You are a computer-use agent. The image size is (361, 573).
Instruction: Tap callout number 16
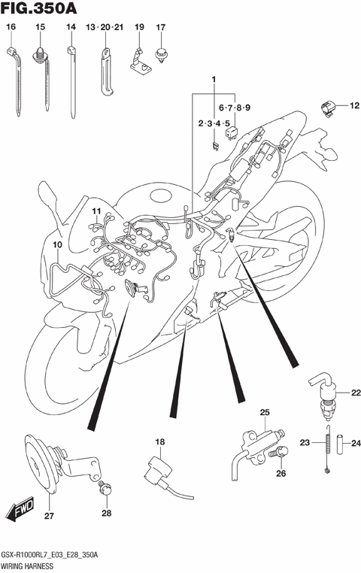11,27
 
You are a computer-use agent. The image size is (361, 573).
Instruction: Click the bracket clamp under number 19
139,62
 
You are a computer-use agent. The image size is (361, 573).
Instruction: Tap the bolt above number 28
105,490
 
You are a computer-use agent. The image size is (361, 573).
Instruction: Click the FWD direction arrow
21,513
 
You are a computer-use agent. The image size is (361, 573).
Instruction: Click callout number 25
265,411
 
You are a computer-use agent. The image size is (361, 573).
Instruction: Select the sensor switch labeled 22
327,396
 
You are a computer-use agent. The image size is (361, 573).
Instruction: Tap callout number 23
305,443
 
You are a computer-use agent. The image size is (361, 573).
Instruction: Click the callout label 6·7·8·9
234,108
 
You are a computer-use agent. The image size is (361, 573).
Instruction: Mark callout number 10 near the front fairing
57,245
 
